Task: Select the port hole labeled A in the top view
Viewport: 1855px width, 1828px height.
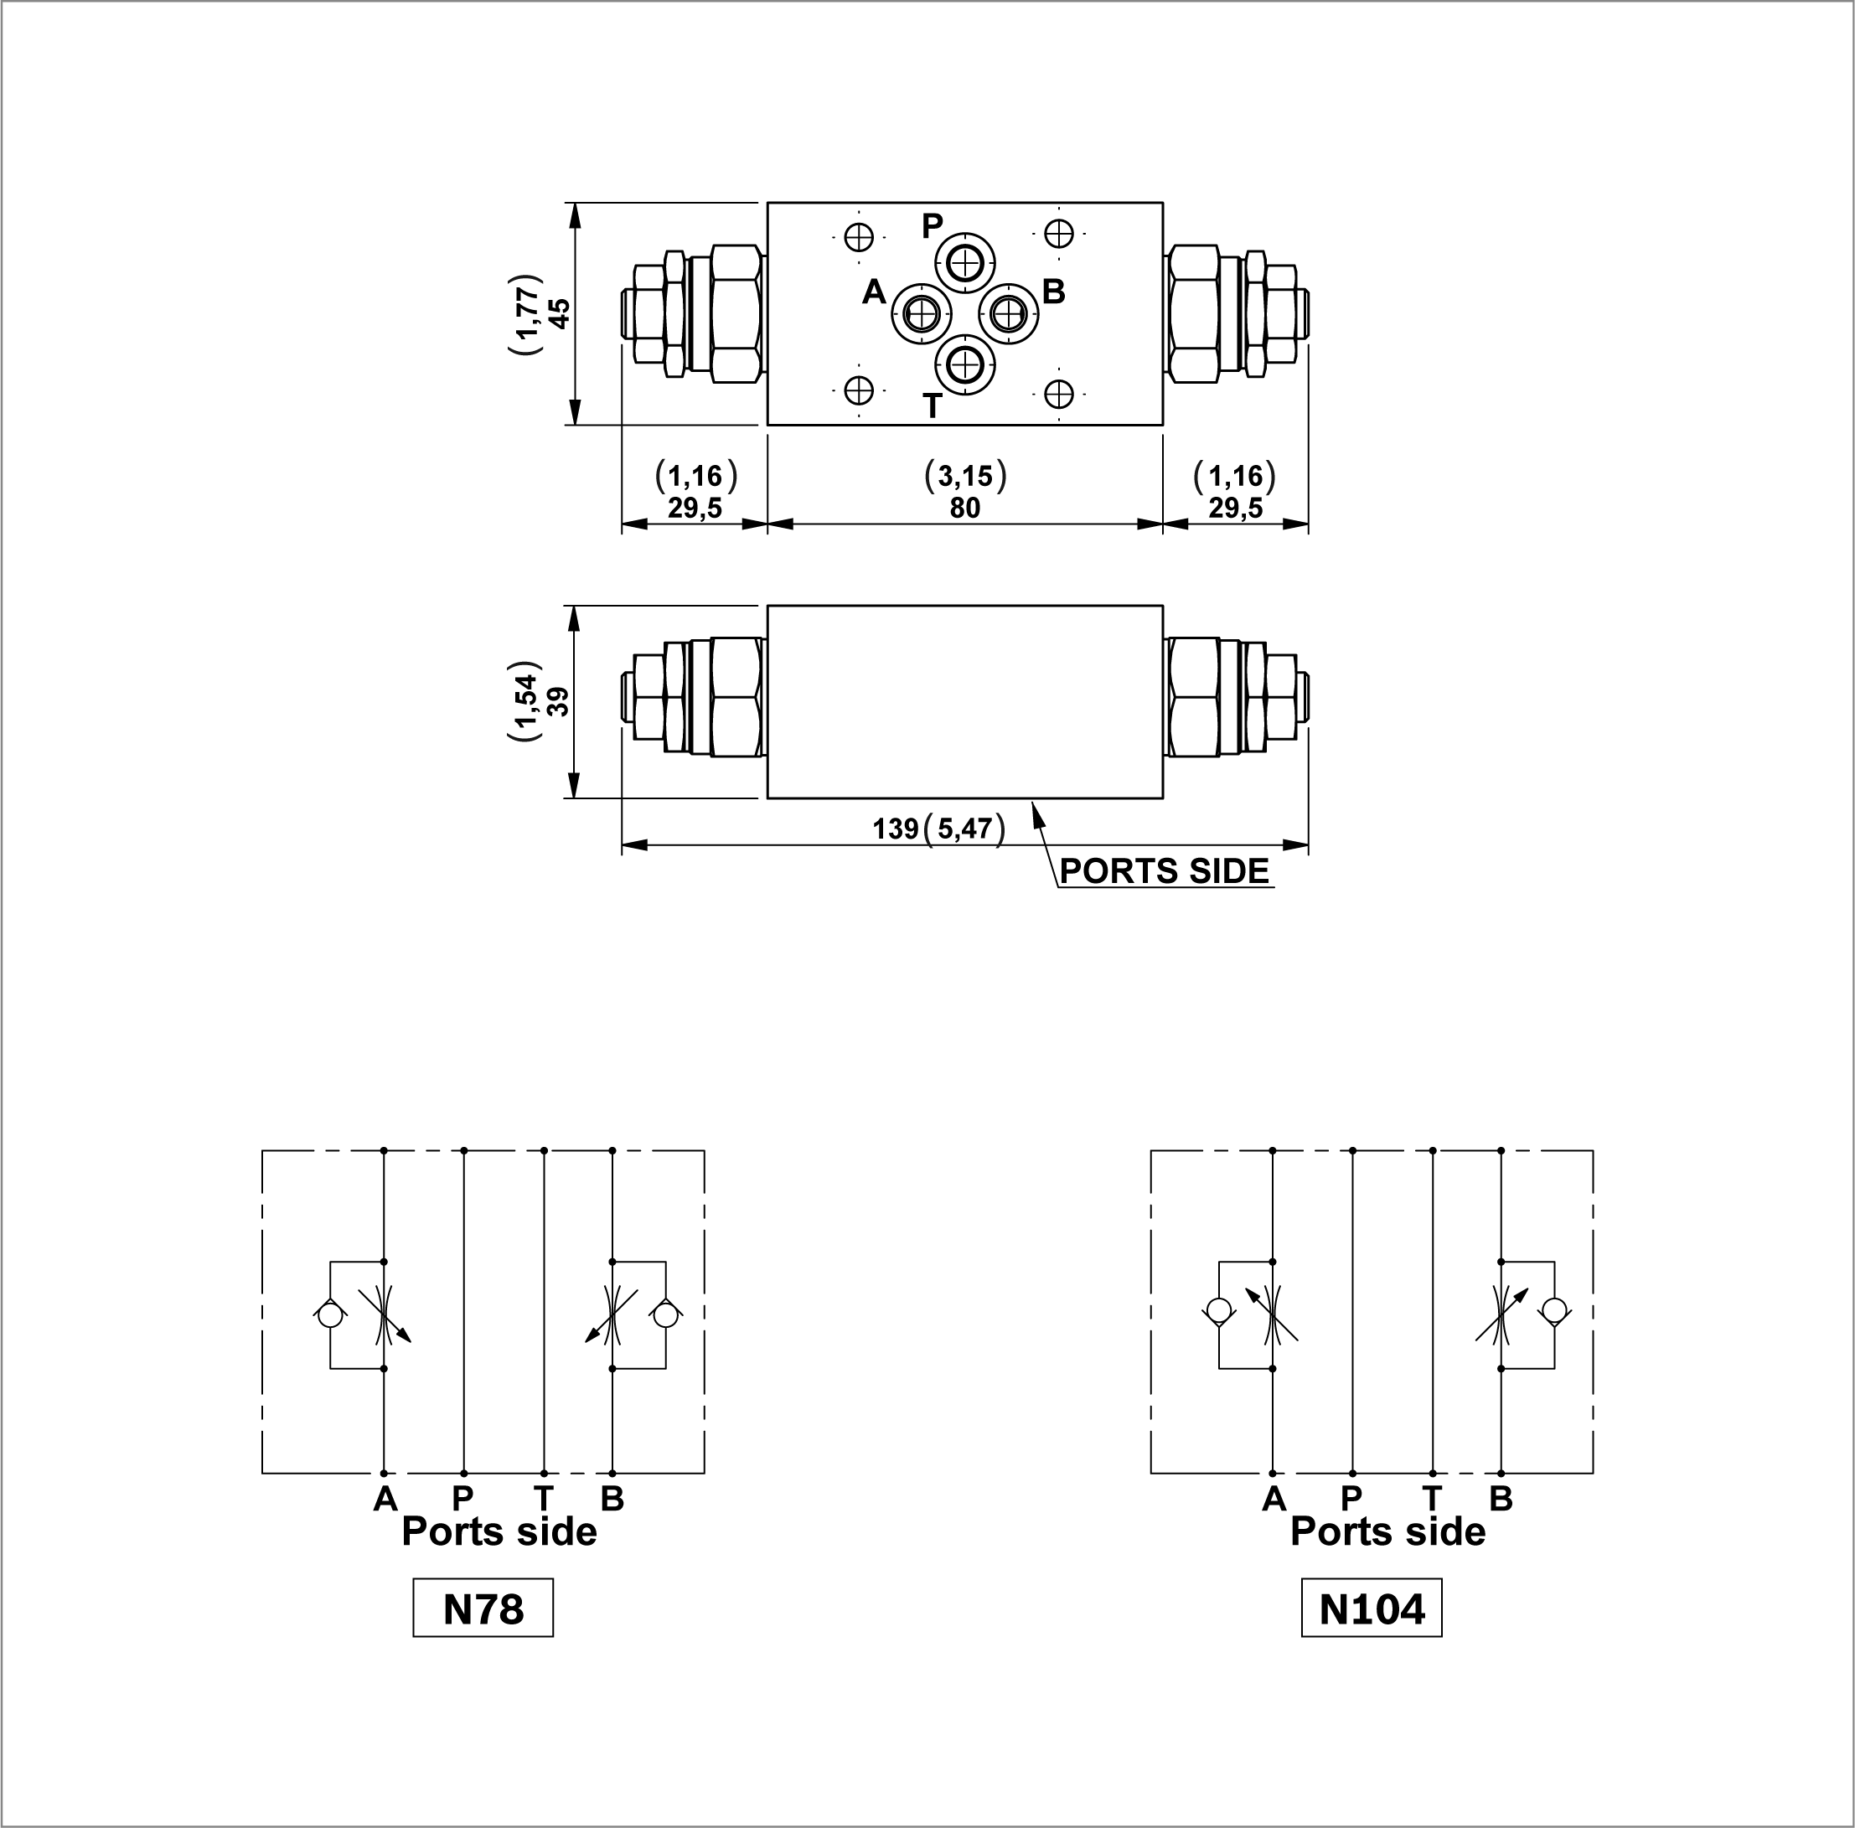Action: (x=922, y=313)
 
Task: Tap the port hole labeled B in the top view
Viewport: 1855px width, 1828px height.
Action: (x=1008, y=313)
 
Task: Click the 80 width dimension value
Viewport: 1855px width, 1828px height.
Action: (x=964, y=507)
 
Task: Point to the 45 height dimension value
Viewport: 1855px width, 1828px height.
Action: (x=559, y=313)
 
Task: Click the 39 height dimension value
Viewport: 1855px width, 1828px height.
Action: (x=559, y=701)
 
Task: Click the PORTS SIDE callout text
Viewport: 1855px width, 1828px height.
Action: (x=1164, y=870)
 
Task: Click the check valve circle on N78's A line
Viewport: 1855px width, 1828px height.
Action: (x=329, y=1314)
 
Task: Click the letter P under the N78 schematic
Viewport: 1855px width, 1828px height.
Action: (x=462, y=1498)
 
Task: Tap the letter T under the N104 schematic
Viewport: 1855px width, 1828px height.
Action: (x=1432, y=1498)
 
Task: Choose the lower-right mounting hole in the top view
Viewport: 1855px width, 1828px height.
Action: (x=1058, y=394)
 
